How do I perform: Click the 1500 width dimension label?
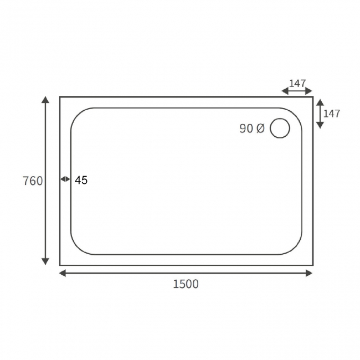(186, 285)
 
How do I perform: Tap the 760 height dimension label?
(33, 181)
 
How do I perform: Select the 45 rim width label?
(81, 180)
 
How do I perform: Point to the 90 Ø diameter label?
(252, 128)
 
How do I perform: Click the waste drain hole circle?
(280, 128)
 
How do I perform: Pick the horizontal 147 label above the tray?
(297, 83)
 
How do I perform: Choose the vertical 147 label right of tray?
(332, 114)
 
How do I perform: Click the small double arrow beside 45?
(65, 179)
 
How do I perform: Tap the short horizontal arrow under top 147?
(297, 91)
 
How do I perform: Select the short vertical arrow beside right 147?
(320, 114)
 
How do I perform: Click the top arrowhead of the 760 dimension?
(46, 99)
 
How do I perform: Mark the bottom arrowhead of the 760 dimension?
(46, 261)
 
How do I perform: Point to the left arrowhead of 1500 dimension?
(63, 273)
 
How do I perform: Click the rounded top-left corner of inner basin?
(78, 115)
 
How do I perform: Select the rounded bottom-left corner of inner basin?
(78, 248)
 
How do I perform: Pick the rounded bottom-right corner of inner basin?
(295, 248)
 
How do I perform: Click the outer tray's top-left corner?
(60, 97)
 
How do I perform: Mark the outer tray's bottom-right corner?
(312, 265)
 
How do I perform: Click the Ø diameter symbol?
(261, 128)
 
